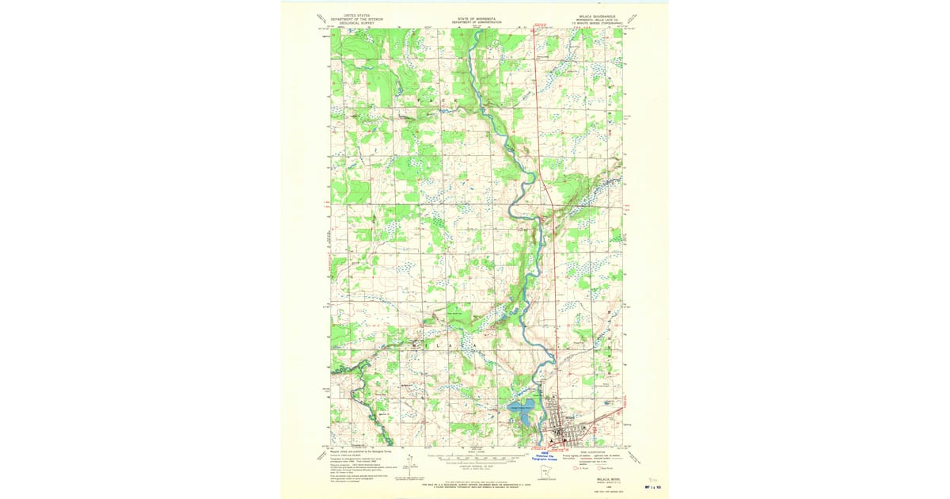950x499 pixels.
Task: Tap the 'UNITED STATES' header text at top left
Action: point(351,14)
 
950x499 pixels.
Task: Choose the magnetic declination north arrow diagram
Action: point(409,460)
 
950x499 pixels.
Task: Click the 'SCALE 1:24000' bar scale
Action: point(476,456)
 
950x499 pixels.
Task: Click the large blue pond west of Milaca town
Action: point(523,410)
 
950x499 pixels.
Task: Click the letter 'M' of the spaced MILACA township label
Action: point(413,346)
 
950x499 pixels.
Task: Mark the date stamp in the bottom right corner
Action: point(653,486)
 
